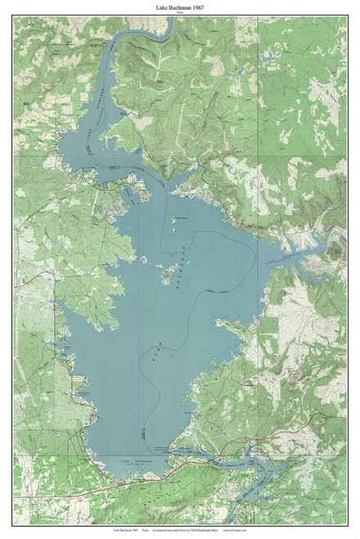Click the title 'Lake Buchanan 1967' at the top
pos(179,7)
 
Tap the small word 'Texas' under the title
pos(179,13)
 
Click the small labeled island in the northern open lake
pos(173,218)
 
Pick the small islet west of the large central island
pos(145,261)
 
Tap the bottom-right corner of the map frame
pos(346,521)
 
